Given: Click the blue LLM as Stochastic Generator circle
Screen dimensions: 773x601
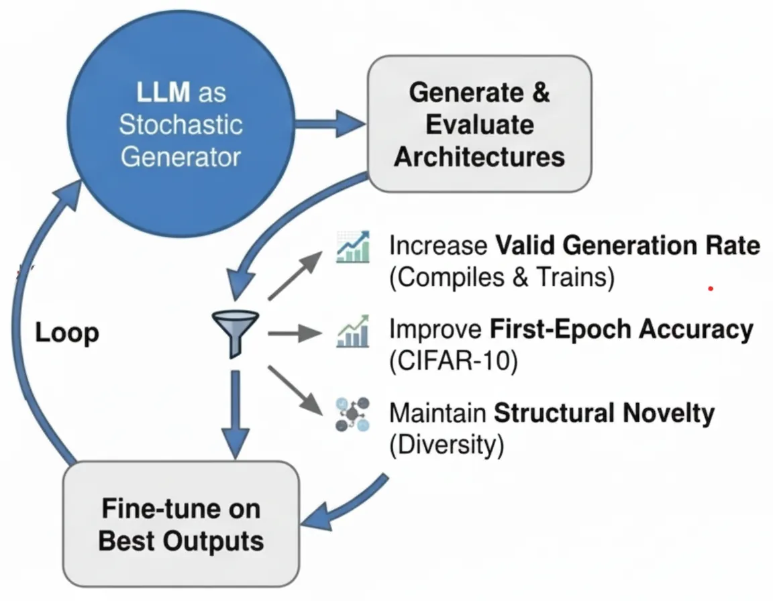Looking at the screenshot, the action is (181, 123).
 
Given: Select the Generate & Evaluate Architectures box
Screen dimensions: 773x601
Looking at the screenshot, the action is (480, 123).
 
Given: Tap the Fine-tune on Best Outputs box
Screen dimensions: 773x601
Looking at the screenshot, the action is (181, 524).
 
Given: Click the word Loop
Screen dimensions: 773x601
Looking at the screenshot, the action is (67, 333).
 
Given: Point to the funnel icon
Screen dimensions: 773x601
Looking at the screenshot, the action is (235, 333).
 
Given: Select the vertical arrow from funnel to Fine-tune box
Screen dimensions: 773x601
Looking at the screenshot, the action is (235, 415).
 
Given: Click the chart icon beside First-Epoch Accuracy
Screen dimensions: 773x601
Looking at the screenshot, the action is (353, 331).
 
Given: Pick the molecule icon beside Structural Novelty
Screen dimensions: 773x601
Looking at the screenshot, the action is (352, 415).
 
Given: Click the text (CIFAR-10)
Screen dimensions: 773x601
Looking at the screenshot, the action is (454, 361).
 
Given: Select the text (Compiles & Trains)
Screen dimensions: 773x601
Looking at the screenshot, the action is (502, 277).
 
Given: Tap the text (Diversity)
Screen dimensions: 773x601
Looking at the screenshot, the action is (447, 445).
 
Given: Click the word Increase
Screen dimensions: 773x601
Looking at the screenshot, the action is (438, 245).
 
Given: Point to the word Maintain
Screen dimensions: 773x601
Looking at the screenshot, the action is (437, 413).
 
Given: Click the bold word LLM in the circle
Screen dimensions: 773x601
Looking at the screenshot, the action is (163, 92).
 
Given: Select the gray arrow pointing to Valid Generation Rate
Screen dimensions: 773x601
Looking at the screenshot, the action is (295, 275).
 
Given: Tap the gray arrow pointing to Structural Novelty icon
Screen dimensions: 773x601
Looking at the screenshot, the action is (295, 390).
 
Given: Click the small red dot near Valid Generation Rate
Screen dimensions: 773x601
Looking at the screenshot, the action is (711, 288).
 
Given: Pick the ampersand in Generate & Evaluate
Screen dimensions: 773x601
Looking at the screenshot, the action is (541, 92).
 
